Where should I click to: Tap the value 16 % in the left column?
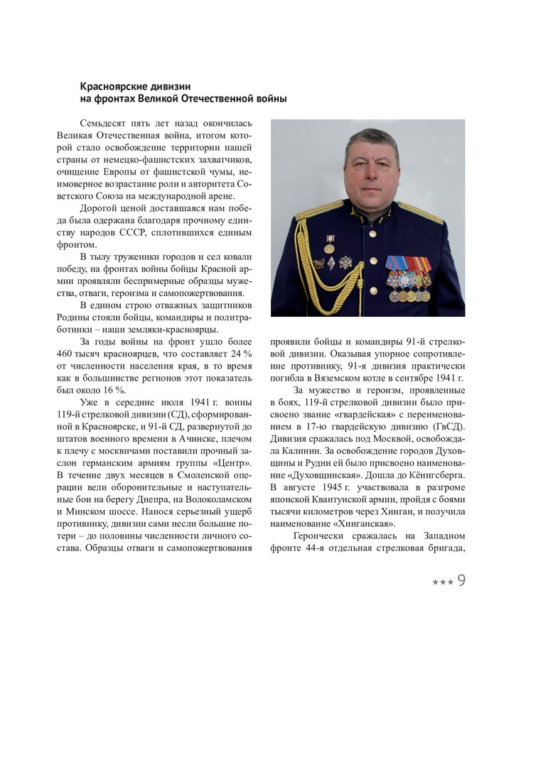113,390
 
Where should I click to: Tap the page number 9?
461,581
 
